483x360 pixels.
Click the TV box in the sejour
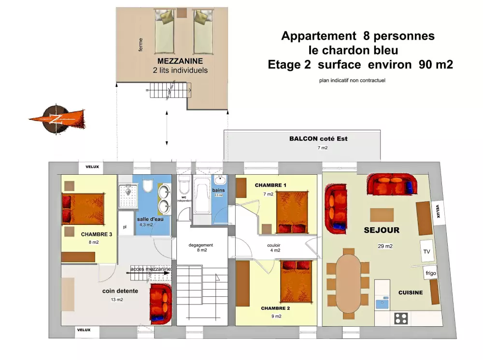426,251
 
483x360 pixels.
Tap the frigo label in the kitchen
431,273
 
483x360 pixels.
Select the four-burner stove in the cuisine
401,318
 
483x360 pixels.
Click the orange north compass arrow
57,118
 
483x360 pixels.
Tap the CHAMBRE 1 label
270,185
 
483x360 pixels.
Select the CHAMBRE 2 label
275,308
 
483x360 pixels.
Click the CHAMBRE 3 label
97,234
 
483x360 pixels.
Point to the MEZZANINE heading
180,61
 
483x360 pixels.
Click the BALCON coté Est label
318,139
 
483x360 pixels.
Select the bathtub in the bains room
202,198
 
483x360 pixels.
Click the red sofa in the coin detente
161,304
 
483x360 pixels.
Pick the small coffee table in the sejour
382,215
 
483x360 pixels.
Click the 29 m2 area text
385,246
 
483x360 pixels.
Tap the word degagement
201,245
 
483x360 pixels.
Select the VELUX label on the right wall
438,211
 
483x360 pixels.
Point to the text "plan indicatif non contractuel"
352,80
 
